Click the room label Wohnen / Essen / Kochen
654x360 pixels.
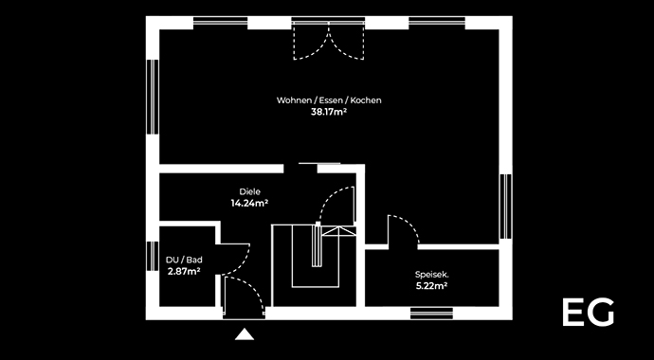(x=329, y=100)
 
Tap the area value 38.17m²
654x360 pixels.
(x=329, y=112)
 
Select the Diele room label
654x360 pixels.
(x=249, y=191)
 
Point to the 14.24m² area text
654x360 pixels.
(x=249, y=203)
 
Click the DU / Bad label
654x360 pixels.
(x=184, y=260)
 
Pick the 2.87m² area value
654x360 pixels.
(x=184, y=271)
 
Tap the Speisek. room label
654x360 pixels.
(x=431, y=275)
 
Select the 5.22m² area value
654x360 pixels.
(x=431, y=286)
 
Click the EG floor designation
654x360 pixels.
(x=588, y=313)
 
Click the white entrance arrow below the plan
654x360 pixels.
(x=245, y=333)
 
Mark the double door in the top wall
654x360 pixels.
(x=327, y=40)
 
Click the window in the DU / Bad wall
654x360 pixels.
(x=152, y=255)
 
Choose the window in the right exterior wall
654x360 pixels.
(x=506, y=205)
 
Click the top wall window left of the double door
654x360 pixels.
(x=220, y=21)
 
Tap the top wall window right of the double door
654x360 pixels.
(x=436, y=21)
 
